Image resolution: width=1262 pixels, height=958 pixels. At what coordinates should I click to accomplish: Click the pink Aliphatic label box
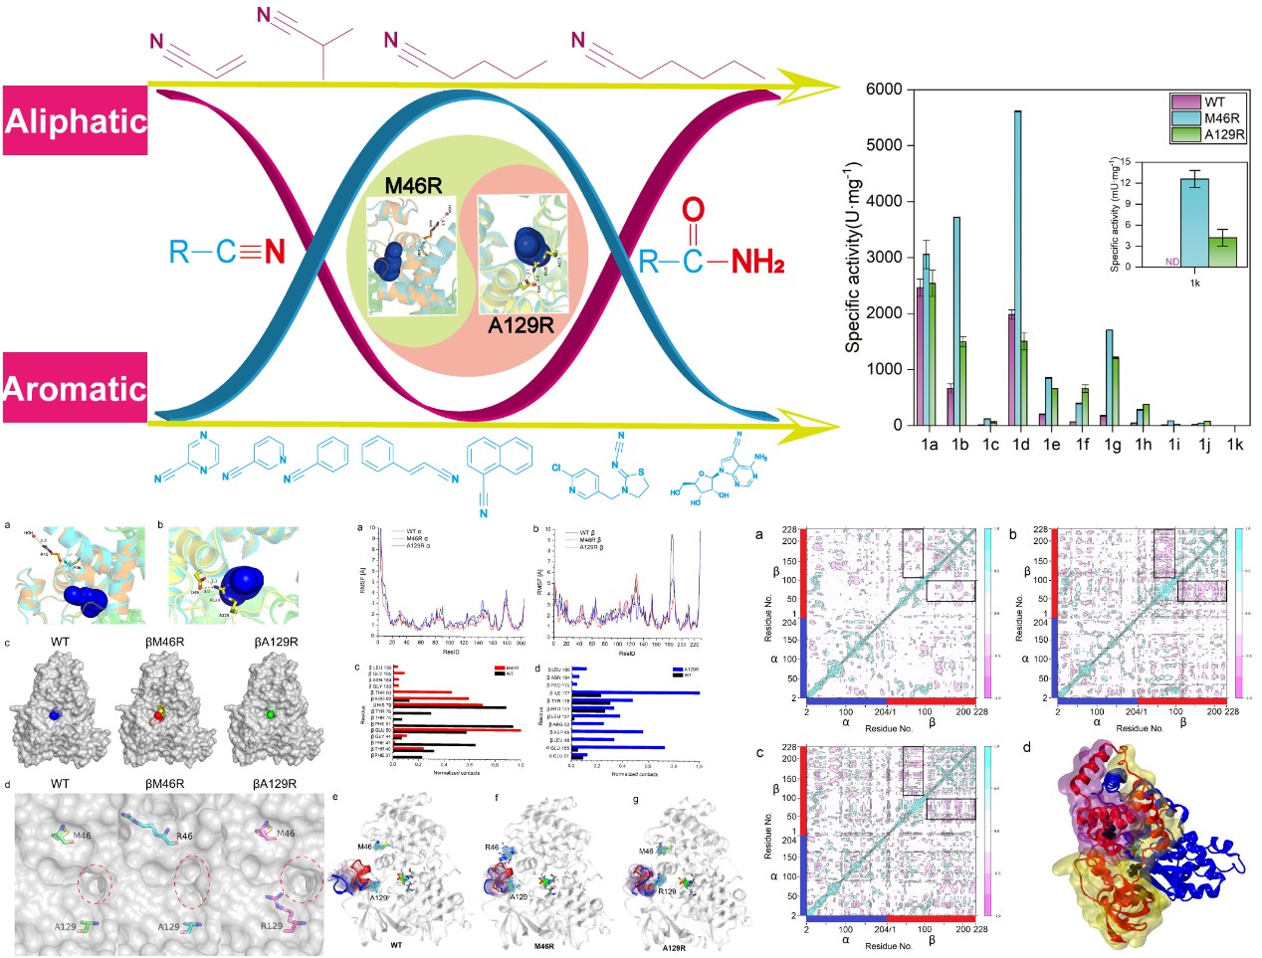coord(76,120)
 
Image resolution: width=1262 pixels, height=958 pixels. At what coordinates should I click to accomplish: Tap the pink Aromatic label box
coord(76,387)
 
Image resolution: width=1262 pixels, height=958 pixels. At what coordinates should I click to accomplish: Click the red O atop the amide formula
coord(693,211)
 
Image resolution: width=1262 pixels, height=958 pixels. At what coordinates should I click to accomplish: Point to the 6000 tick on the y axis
coord(884,91)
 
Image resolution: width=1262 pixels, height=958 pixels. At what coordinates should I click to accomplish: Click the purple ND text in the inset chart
coord(1172,263)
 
